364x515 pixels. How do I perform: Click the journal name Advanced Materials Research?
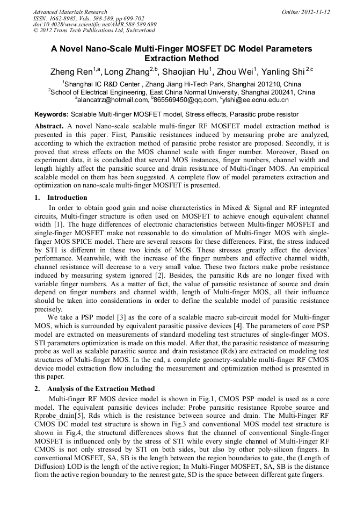[70, 12]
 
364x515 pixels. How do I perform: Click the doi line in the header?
[94, 25]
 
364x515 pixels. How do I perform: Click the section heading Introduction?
[67, 198]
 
